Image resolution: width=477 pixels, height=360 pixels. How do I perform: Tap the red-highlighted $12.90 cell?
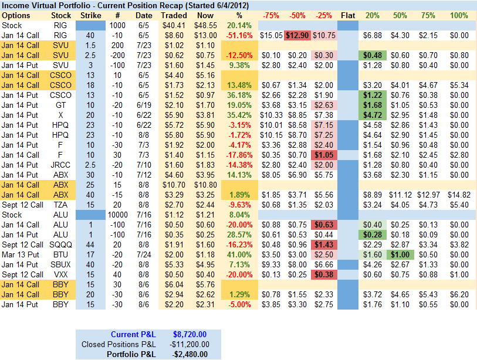297,35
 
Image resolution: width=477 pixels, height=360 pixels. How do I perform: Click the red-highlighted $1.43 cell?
324,244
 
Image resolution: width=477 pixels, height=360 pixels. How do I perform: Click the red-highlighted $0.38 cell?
324,274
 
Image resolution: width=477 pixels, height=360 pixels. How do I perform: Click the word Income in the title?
16,5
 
